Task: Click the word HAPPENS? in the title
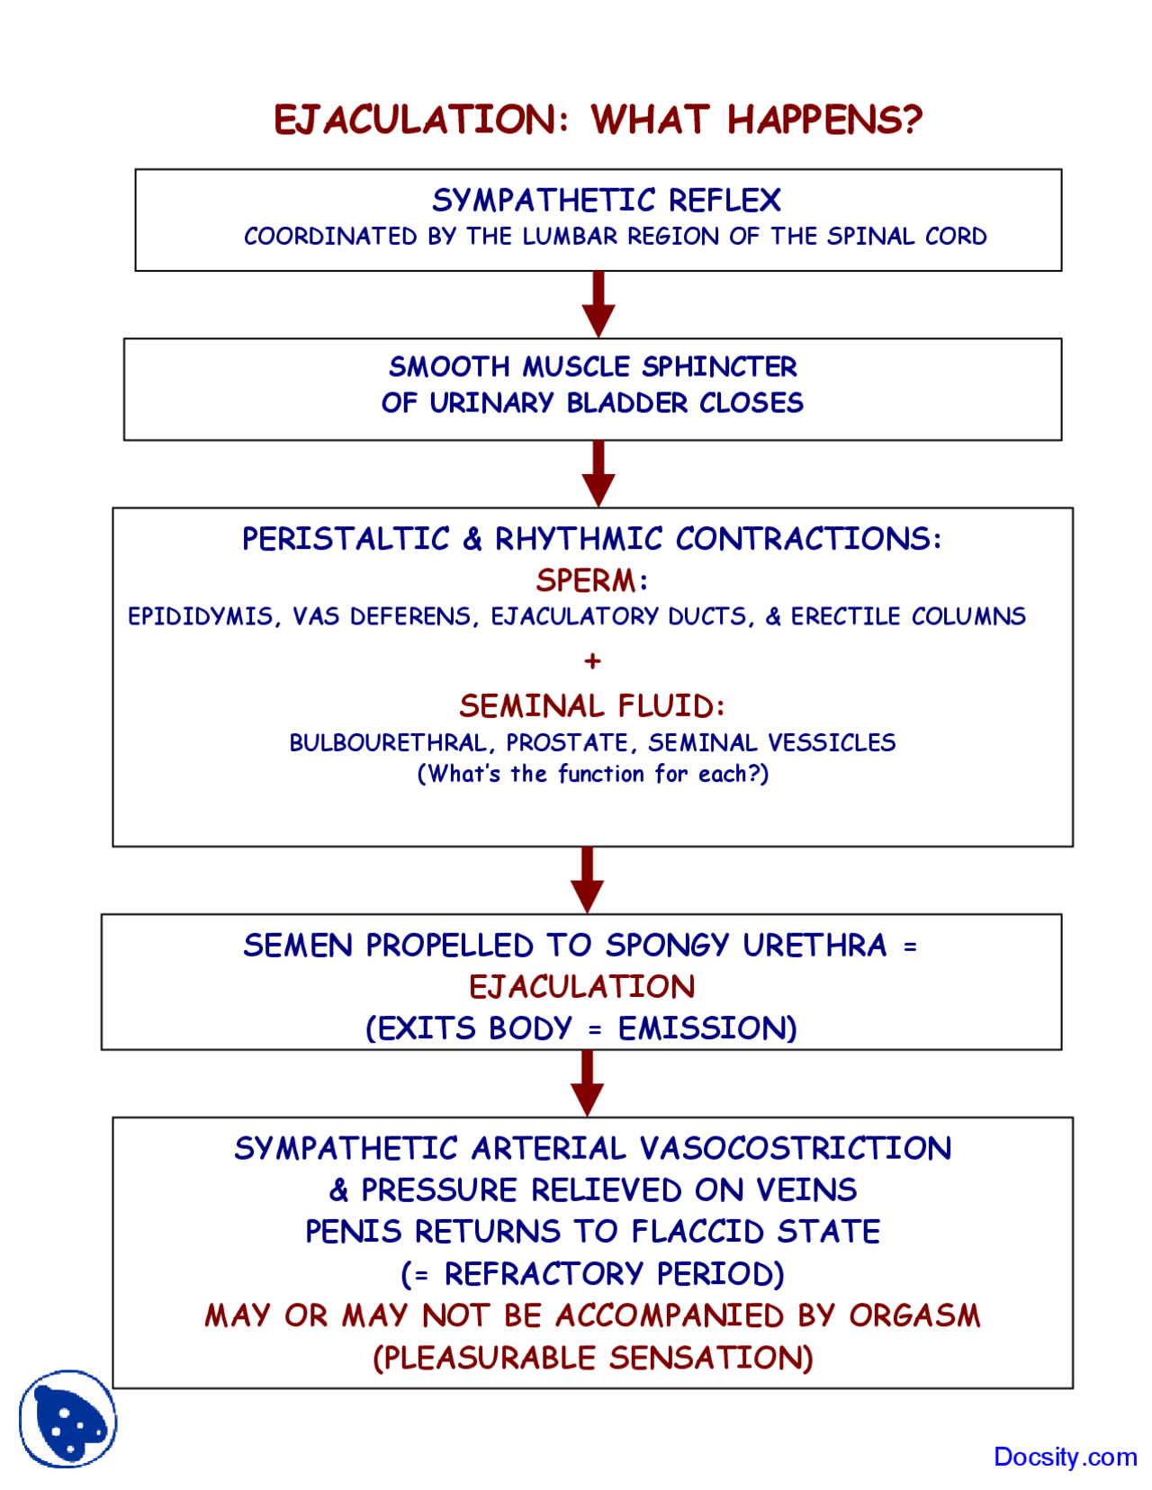[825, 120]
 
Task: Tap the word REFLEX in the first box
[724, 201]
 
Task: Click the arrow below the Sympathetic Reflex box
[598, 304]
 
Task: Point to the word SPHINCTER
[719, 367]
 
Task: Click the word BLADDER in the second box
[626, 403]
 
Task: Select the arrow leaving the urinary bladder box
[598, 474]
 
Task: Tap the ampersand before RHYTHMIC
[472, 539]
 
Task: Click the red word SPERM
[586, 580]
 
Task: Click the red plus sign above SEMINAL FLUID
[592, 661]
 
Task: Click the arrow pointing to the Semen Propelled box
[588, 880]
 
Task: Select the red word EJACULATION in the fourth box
[582, 987]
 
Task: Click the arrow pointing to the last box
[588, 1083]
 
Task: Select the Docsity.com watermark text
[1066, 1457]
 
